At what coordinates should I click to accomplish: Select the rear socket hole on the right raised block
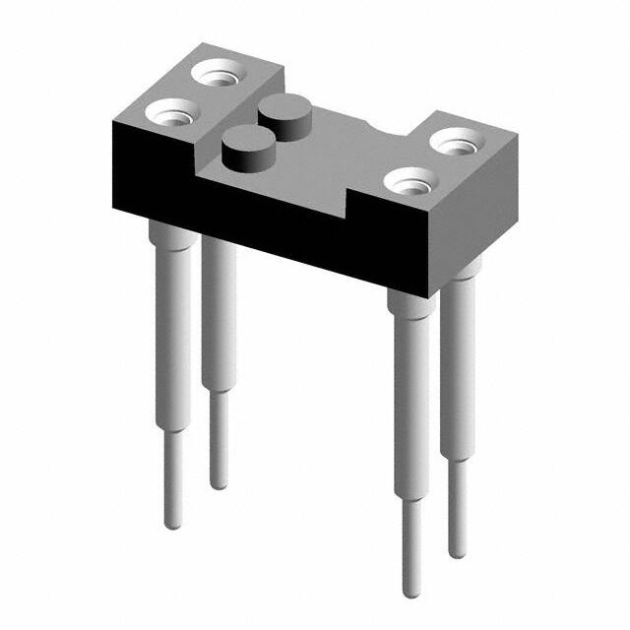tap(458, 146)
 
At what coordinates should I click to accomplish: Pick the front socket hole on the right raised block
tap(408, 180)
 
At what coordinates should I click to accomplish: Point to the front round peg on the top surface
tap(242, 149)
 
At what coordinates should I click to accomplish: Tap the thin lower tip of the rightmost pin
tap(457, 522)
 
